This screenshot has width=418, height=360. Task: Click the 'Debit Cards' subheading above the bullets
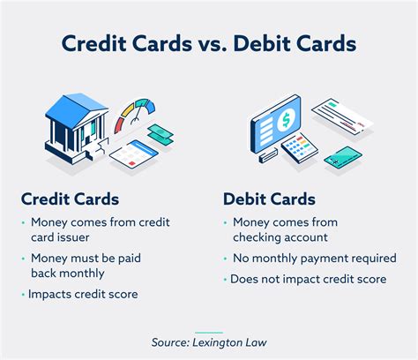[267, 199]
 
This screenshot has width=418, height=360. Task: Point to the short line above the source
[208, 323]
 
